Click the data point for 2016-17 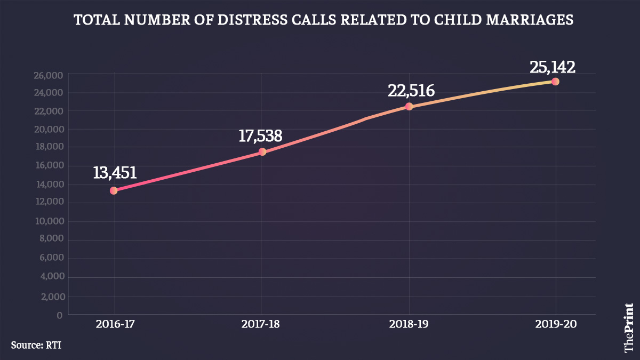(114, 190)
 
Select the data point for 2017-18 (262, 152)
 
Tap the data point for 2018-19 (409, 107)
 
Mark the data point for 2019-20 (555, 82)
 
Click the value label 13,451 (115, 173)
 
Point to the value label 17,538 (260, 135)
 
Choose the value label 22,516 (411, 91)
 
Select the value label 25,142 (553, 67)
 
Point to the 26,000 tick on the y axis (48, 75)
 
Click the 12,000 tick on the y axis (48, 202)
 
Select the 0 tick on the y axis (60, 315)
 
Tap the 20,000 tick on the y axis (48, 129)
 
